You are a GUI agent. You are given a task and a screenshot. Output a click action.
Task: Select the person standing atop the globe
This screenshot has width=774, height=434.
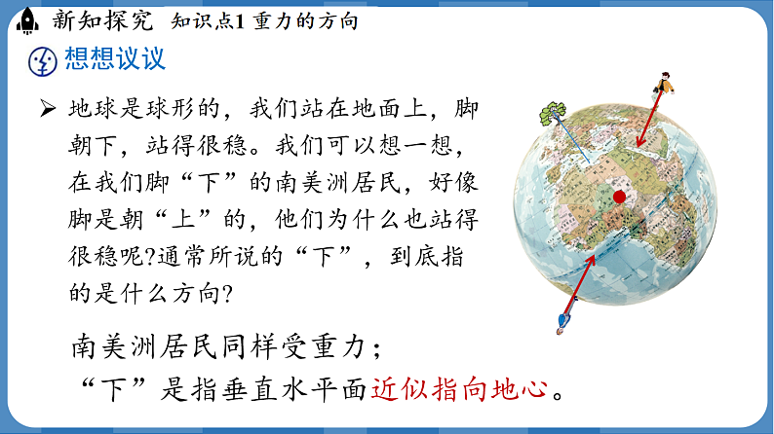[x=665, y=86]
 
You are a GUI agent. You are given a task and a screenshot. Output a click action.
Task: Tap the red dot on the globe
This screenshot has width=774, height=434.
[x=619, y=198]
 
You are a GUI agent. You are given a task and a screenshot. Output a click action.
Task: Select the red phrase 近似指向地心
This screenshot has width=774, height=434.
[x=459, y=389]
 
